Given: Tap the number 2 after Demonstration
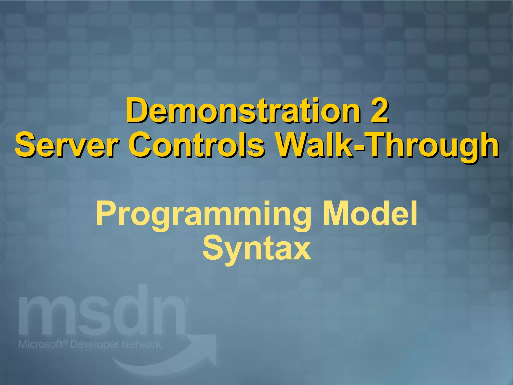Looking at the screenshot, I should point(379,111).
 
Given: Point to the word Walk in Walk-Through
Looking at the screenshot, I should point(313,145).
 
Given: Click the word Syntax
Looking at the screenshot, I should point(257,249).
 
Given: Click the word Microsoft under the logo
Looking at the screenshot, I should point(40,344).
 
